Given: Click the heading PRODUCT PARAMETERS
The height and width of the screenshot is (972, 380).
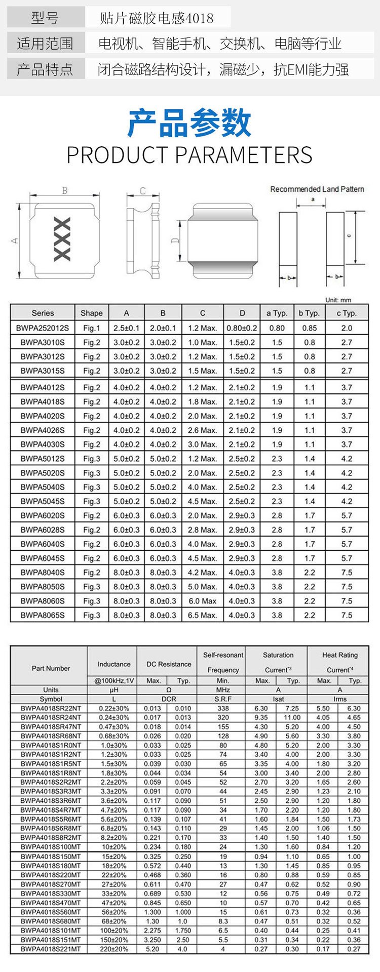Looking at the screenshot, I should click(x=189, y=154).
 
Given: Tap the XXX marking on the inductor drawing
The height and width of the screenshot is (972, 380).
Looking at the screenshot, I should click(x=62, y=239).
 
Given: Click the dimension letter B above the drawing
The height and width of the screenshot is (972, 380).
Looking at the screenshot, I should click(x=64, y=191).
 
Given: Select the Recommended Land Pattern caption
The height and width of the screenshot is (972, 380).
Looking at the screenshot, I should click(x=317, y=189).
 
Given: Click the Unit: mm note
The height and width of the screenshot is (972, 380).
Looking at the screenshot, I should click(x=338, y=300).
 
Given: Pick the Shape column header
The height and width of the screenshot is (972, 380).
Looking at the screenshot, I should click(x=92, y=313).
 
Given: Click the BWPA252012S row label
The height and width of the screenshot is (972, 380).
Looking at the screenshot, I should click(x=43, y=328).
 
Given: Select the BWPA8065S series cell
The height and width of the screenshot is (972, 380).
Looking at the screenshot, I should click(x=43, y=615).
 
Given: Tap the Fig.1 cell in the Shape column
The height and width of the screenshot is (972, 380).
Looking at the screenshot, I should click(x=92, y=328).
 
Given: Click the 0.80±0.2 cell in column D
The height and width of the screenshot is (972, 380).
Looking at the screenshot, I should click(x=242, y=328).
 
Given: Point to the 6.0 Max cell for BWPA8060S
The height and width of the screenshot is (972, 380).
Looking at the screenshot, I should click(x=202, y=601).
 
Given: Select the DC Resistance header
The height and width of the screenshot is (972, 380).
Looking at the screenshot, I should click(x=169, y=664).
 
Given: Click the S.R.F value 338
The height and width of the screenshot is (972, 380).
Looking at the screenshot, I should click(x=223, y=708).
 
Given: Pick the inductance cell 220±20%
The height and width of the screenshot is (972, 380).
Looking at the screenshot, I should click(x=113, y=949).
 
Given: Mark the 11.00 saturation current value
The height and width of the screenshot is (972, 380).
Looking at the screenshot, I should click(x=292, y=717).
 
